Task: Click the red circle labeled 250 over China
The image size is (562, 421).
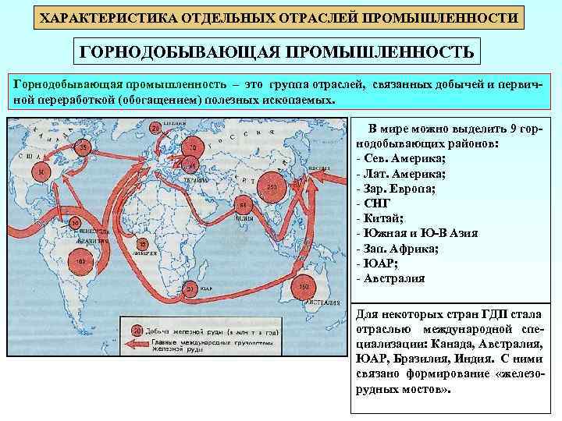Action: point(273,188)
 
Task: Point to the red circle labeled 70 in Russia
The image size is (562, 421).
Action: point(192,146)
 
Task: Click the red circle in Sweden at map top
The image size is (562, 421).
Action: point(155,127)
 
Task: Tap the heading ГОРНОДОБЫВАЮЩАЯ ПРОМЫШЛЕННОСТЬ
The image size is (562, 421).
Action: point(278,51)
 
